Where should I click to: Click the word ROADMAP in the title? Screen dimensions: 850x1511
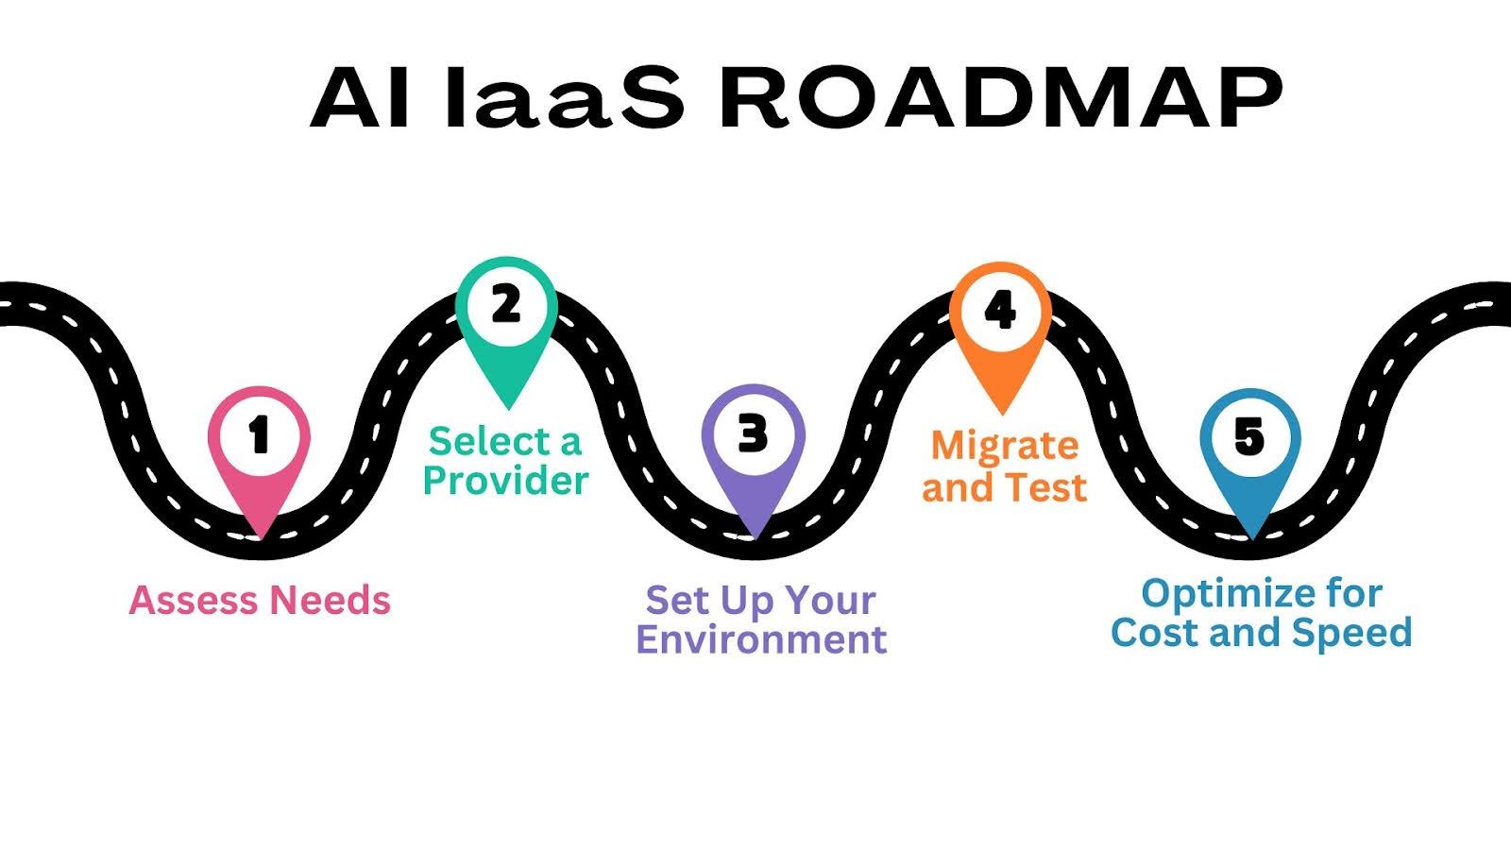(x=1001, y=97)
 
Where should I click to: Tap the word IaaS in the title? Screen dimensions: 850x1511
(x=564, y=97)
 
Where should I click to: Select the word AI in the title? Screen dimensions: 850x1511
(x=360, y=97)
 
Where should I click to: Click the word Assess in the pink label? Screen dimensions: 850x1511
(x=194, y=601)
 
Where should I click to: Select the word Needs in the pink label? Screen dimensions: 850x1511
(x=330, y=601)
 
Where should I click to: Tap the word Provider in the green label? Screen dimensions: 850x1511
(x=505, y=481)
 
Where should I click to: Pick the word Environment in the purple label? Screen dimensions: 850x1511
(x=761, y=639)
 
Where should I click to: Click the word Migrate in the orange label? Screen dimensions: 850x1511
(x=1005, y=446)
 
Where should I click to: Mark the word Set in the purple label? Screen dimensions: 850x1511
(x=677, y=601)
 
